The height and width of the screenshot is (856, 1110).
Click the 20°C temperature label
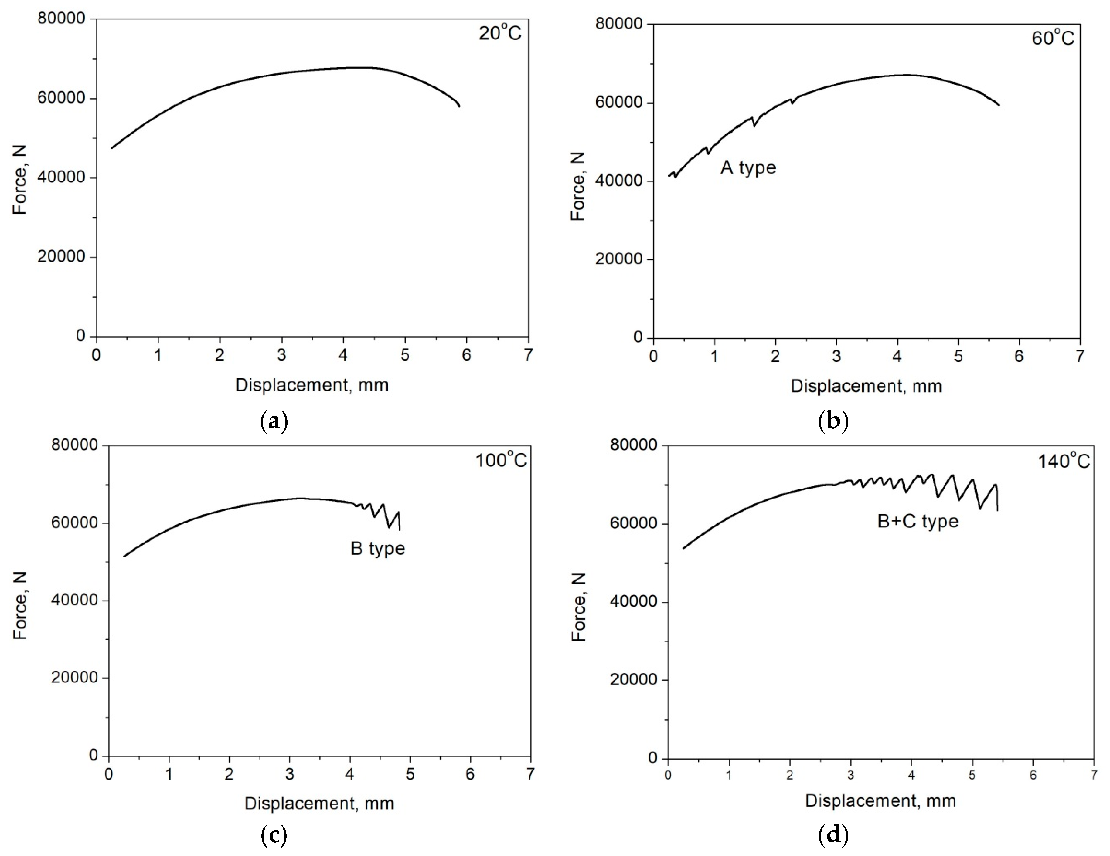(x=500, y=33)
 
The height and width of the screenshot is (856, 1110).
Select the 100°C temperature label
(x=501, y=460)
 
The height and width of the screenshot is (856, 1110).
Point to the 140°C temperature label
(x=1063, y=461)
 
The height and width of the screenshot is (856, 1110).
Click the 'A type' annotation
(x=748, y=167)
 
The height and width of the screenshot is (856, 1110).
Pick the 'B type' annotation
(x=378, y=549)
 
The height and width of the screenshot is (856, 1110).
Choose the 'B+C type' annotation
(x=918, y=521)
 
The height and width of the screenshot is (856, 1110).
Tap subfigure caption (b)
(x=833, y=422)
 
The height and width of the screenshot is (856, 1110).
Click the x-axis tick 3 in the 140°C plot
(x=851, y=776)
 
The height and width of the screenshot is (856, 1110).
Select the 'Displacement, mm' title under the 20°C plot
(x=312, y=385)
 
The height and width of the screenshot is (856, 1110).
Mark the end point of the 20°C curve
(x=459, y=106)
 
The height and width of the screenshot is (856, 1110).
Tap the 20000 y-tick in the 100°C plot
(x=75, y=678)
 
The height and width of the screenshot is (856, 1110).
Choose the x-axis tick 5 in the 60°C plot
(x=958, y=356)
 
